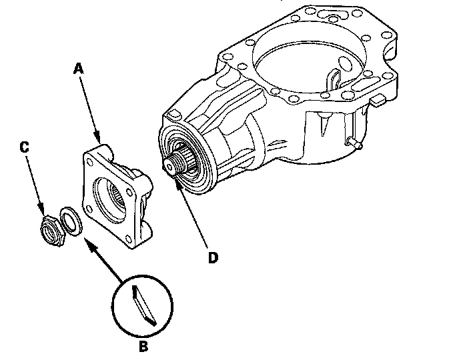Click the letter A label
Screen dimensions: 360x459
pos(78,68)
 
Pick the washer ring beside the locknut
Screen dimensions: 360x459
pos(69,219)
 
